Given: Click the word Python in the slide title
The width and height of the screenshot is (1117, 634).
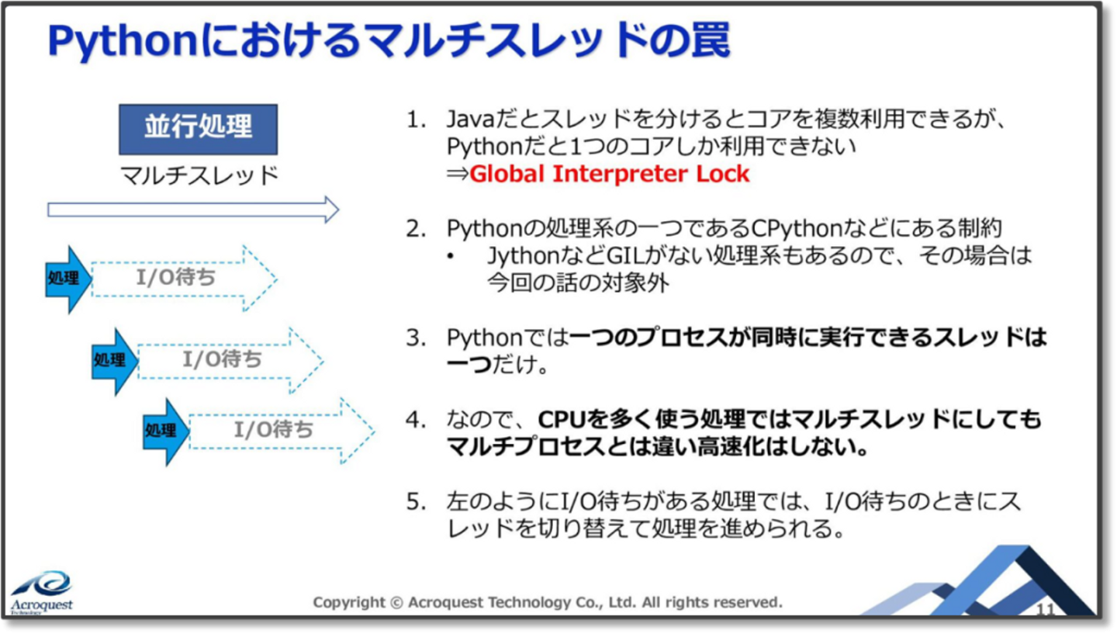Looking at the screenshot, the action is click(x=123, y=42).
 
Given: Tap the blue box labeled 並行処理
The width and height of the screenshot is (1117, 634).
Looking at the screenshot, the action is click(x=198, y=129).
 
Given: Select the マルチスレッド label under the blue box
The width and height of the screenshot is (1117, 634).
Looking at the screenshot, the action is click(x=199, y=175).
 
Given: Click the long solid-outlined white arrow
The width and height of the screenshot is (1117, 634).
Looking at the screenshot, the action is click(x=193, y=210).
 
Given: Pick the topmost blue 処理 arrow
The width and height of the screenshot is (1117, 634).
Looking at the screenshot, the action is click(x=68, y=279).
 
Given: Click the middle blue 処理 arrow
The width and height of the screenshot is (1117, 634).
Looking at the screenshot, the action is click(x=115, y=362).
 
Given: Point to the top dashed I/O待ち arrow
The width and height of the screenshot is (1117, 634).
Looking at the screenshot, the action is click(x=185, y=278).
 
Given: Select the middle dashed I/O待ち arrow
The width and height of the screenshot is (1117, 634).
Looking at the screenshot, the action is click(x=231, y=360).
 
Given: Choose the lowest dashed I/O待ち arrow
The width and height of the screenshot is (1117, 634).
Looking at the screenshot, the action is click(x=282, y=431).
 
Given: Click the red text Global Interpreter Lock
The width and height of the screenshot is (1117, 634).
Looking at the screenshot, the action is click(x=610, y=174).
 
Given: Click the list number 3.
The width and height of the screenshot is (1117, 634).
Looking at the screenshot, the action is click(x=415, y=338).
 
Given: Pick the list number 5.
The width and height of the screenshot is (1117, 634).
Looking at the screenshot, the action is click(x=415, y=501).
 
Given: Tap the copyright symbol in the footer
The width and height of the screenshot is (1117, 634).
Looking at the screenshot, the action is click(x=396, y=603).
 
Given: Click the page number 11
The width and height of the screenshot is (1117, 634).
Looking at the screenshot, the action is click(x=1046, y=609).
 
